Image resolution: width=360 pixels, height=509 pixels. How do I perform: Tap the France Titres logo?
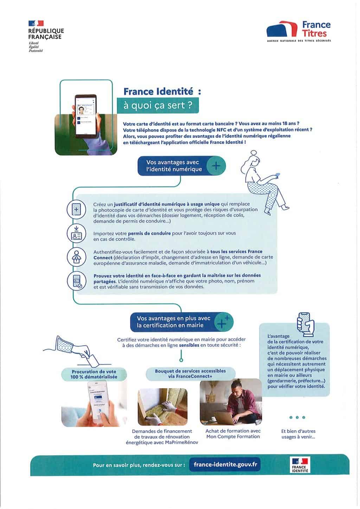coord(298,31)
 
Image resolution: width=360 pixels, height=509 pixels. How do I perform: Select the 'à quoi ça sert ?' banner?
coord(158,105)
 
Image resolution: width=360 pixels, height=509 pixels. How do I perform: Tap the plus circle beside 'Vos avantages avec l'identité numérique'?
coord(216,166)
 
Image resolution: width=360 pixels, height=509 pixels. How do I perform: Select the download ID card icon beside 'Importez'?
coord(76,233)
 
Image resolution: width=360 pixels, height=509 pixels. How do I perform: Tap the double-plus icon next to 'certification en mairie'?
coord(223,322)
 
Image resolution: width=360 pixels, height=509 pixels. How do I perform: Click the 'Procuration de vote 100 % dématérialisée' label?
coord(94,374)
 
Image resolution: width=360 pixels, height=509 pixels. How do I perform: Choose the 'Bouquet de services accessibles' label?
coord(190,374)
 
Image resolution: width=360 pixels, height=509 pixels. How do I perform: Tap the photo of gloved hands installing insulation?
coord(162,407)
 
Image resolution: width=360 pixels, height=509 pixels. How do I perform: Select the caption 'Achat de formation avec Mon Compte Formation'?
coord(233,434)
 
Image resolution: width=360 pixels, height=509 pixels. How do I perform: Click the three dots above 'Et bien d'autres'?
coord(297,417)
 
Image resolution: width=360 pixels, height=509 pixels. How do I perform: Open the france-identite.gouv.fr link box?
coord(225,464)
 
